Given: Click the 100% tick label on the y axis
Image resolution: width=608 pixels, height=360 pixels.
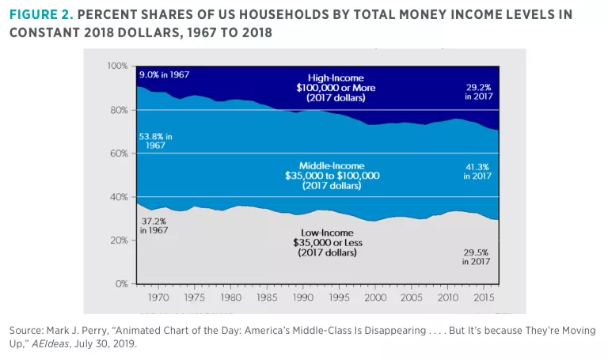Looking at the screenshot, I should tap(117, 66).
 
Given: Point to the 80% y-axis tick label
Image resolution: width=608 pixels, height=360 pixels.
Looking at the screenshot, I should tap(120, 110).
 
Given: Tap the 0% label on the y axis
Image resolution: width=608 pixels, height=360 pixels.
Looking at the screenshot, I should tap(122, 283).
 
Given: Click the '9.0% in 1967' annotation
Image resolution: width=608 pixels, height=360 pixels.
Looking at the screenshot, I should tap(164, 74).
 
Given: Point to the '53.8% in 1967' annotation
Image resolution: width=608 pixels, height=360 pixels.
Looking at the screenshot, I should tap(156, 141).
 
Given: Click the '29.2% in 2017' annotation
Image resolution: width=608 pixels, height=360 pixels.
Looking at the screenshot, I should tap(480, 91).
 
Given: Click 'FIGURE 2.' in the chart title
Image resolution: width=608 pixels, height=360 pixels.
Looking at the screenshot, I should tap(40, 15).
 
